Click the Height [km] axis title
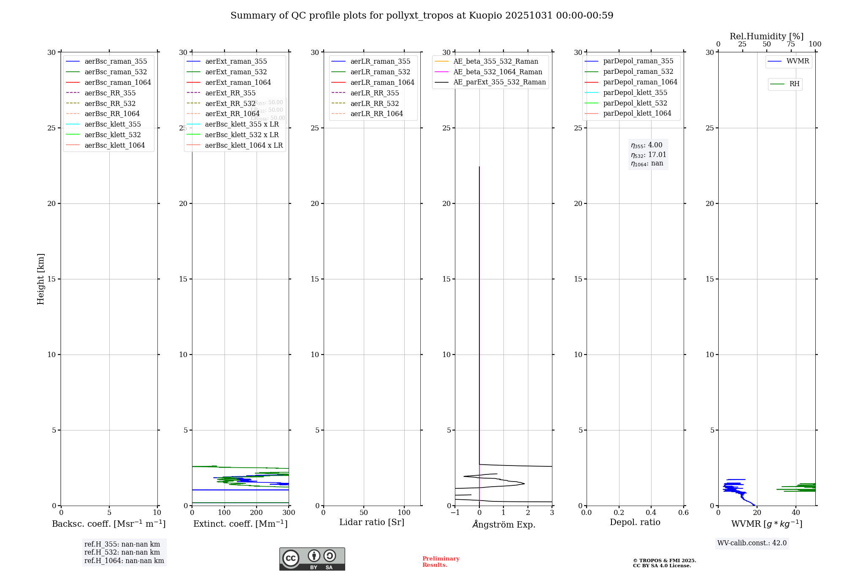pos(41,279)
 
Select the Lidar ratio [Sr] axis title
pos(372,522)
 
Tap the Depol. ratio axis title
pos(635,522)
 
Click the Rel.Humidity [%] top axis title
pos(766,36)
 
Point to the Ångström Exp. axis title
pos(503,524)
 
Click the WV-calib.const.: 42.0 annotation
pos(752,543)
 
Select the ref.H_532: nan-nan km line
pos(122,552)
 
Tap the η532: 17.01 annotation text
pos(649,155)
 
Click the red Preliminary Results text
pos(441,562)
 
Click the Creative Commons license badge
pos(312,559)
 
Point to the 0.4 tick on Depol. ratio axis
pos(651,513)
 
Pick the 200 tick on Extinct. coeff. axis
pos(257,513)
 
